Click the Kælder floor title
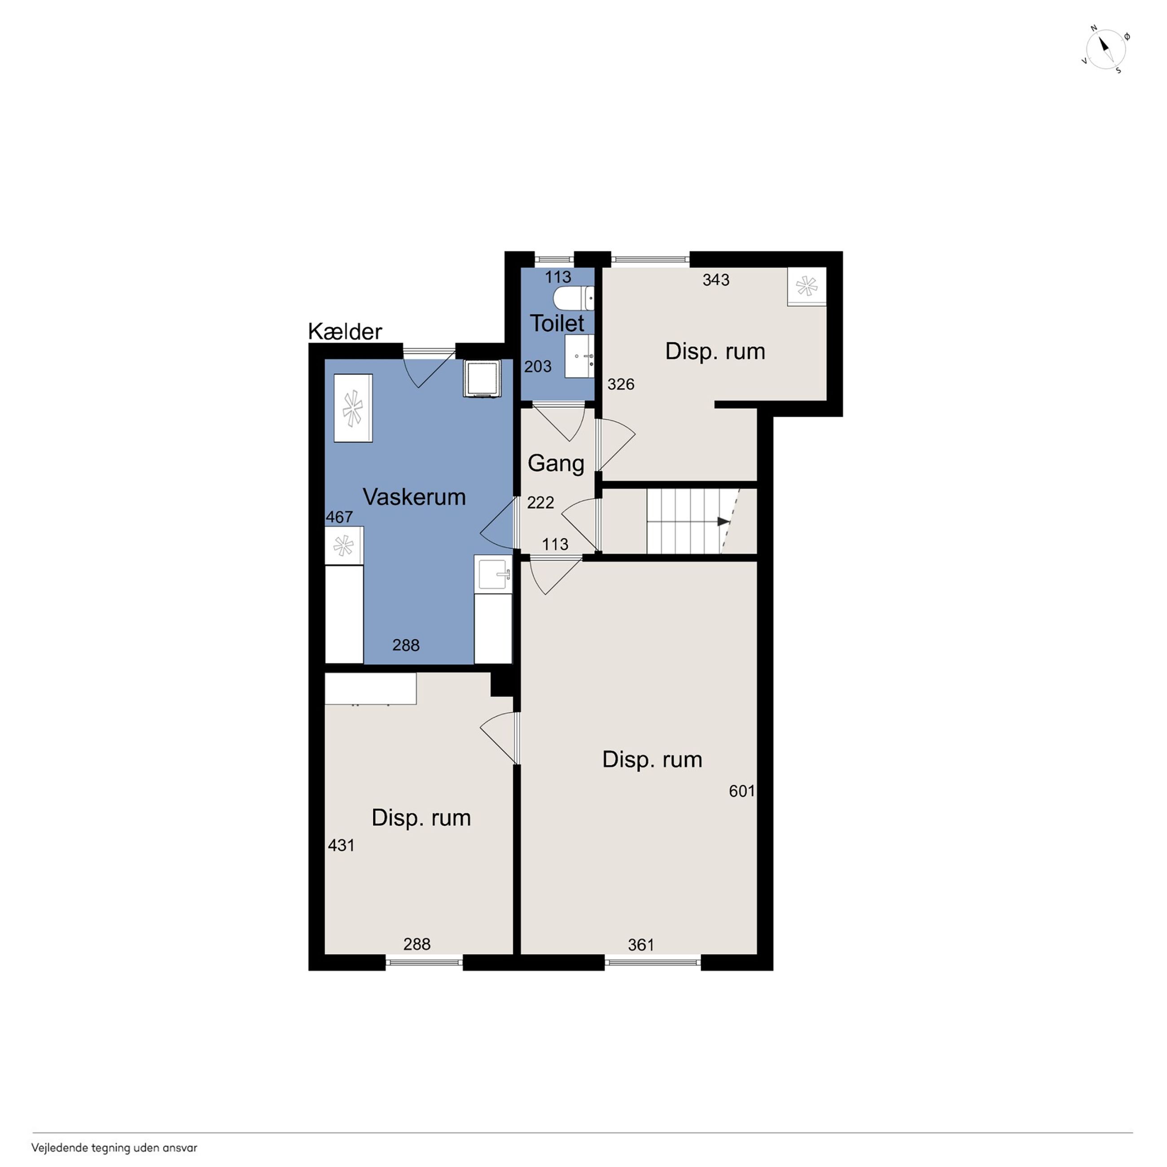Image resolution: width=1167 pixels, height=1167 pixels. [345, 332]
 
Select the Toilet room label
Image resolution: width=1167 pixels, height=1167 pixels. [557, 323]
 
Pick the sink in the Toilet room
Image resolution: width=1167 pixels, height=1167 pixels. [579, 356]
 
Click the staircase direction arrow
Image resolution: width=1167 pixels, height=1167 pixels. [723, 521]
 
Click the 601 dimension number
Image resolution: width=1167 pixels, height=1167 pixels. [742, 791]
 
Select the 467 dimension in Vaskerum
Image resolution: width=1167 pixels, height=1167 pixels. [339, 517]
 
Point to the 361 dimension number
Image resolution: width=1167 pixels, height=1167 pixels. [641, 945]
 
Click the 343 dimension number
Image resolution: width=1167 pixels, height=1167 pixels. [716, 280]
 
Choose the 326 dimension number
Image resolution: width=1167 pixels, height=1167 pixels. [621, 384]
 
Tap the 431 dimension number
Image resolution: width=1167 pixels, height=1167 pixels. [341, 845]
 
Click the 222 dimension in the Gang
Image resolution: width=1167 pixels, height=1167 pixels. [540, 503]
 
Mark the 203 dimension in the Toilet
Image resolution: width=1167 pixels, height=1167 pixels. [538, 366]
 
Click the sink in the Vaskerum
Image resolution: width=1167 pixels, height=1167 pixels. [493, 574]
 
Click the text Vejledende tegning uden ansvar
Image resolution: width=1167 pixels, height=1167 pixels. [114, 1148]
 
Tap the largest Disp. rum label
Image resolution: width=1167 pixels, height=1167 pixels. [652, 759]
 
